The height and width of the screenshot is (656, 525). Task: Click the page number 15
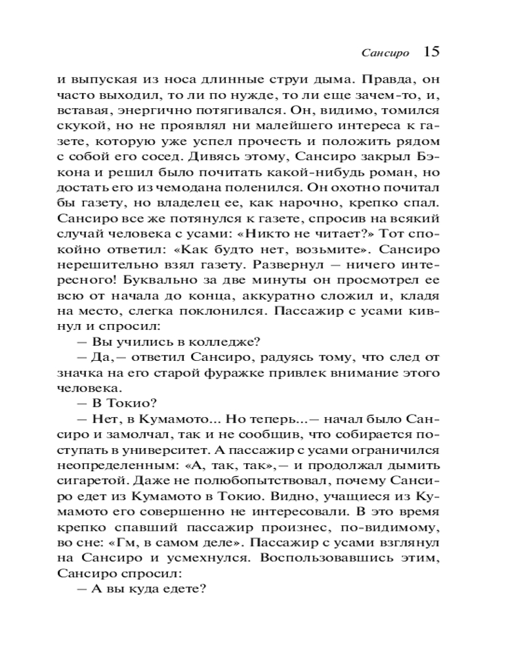(x=431, y=52)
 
